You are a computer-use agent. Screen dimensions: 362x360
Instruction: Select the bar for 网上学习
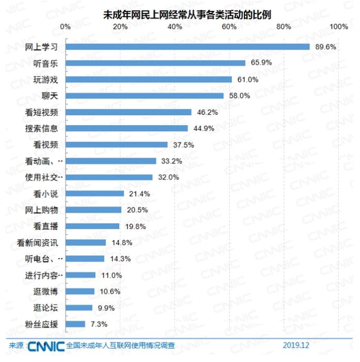[x=187, y=47]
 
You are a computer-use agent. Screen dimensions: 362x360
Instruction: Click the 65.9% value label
[x=258, y=63]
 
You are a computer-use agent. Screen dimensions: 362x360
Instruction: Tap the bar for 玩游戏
[x=149, y=79]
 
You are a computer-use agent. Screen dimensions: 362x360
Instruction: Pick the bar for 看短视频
[x=129, y=112]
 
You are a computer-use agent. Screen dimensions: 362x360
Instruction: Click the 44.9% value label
[x=201, y=128]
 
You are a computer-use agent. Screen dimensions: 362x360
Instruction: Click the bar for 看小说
[x=95, y=193]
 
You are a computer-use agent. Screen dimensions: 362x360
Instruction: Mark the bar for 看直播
[x=93, y=226]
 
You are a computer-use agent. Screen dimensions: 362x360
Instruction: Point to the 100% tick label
[x=338, y=26]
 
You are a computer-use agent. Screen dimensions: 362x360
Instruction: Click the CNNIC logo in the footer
[x=46, y=345]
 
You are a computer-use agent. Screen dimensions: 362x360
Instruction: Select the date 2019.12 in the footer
[x=295, y=345]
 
